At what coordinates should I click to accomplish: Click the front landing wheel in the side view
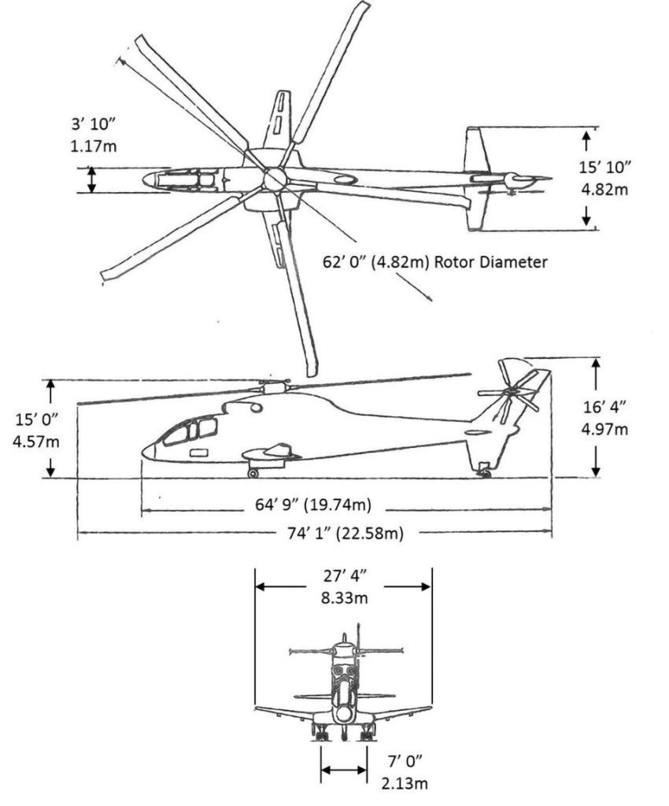(x=253, y=472)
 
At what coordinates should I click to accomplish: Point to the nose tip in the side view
(x=144, y=450)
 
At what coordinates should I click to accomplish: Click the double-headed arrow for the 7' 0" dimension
(x=344, y=771)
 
